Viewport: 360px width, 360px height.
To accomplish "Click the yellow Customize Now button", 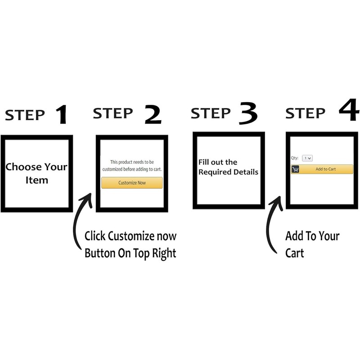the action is (132, 183).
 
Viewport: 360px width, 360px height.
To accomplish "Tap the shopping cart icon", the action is (296, 169).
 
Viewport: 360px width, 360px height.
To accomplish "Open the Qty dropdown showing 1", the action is (307, 158).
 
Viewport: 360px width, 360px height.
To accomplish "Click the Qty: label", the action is (295, 158).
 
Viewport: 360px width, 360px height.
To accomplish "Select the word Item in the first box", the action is (36, 180).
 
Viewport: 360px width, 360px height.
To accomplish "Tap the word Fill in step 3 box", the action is (203, 162).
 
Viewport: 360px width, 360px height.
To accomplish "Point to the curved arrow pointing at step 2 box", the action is (80, 220).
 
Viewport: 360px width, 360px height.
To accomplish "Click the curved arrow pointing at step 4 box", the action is (272, 225).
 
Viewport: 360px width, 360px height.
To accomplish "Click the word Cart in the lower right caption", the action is (295, 252).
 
